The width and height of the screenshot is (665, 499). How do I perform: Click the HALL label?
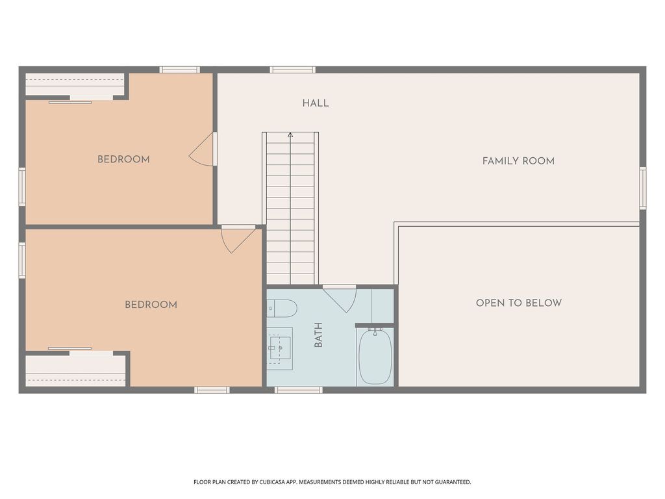click(x=315, y=103)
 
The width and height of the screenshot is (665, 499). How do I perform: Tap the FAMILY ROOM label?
click(x=518, y=161)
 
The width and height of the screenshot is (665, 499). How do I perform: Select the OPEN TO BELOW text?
click(x=518, y=303)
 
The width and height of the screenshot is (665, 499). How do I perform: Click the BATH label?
click(x=318, y=335)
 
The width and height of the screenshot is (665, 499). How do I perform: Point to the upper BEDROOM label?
click(x=123, y=160)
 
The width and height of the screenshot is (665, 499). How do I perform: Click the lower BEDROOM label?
click(x=151, y=305)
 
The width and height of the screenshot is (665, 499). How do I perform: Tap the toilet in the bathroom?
click(x=282, y=307)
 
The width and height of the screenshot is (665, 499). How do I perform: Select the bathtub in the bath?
click(x=375, y=357)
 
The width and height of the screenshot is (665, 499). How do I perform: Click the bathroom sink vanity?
click(x=280, y=348)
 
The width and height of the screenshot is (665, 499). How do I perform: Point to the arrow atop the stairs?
click(x=290, y=135)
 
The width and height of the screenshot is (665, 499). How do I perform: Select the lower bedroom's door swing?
click(x=236, y=239)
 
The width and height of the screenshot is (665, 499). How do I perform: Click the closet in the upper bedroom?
click(x=75, y=84)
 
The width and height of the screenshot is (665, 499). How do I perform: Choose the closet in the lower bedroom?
click(x=75, y=370)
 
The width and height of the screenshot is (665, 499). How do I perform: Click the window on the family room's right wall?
click(x=642, y=188)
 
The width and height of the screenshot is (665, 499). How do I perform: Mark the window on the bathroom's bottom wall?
click(x=298, y=390)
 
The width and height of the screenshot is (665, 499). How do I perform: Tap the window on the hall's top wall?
click(x=292, y=70)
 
